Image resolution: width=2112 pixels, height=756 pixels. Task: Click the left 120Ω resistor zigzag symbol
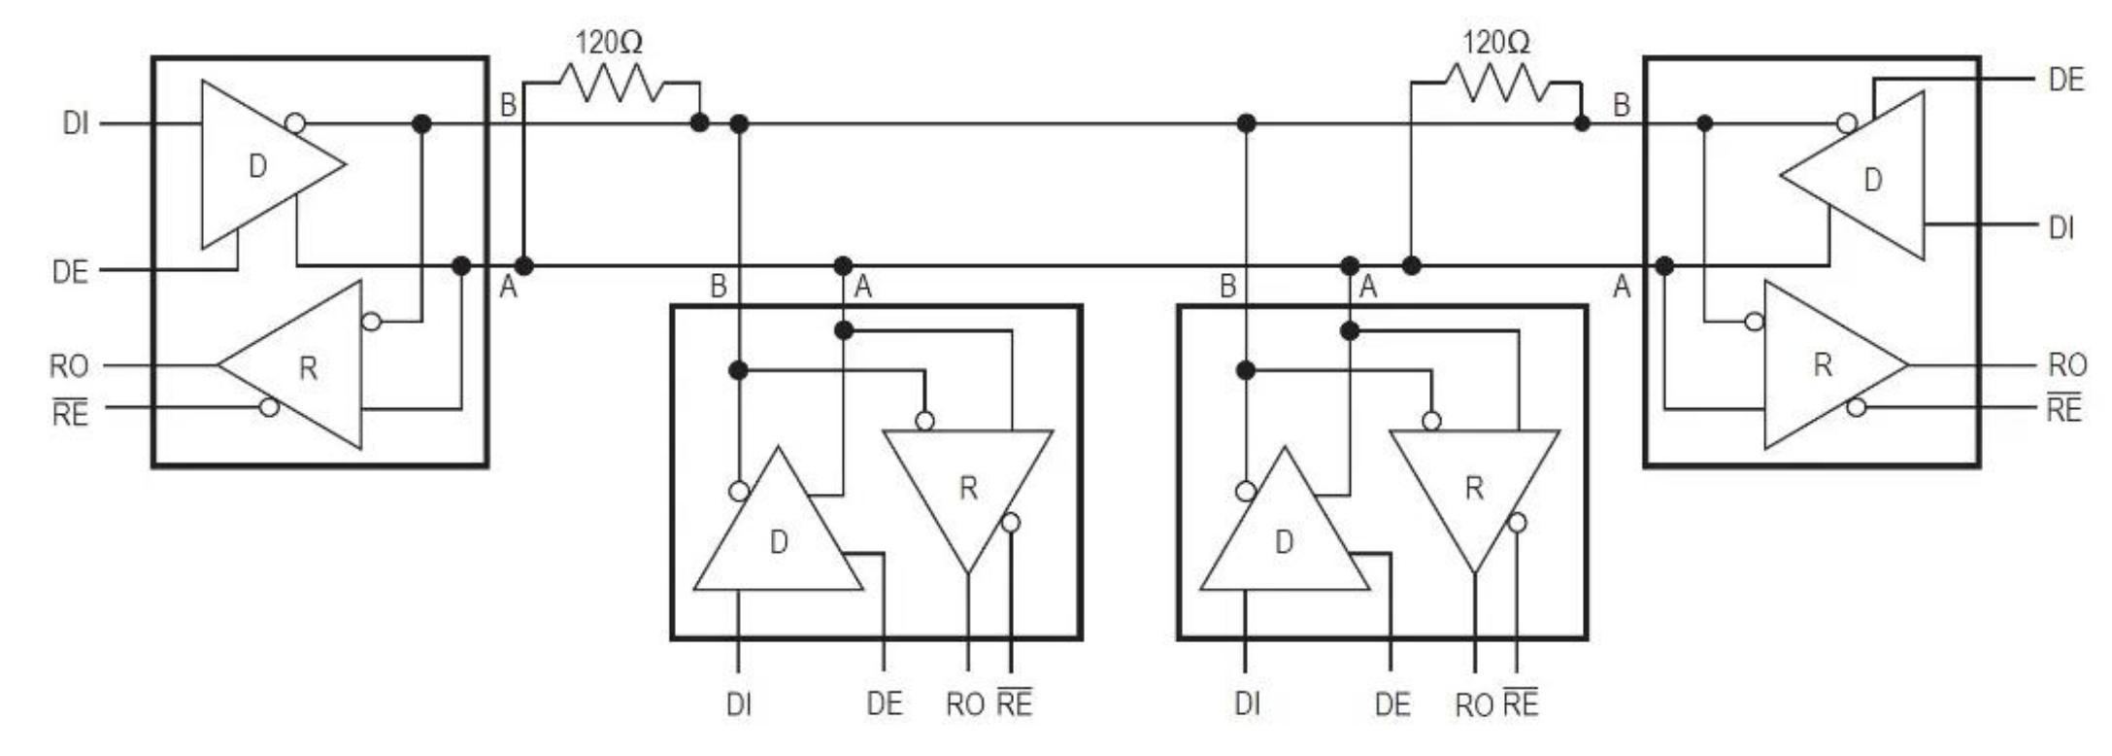[611, 83]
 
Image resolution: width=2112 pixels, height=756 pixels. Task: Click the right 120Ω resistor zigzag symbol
[1496, 83]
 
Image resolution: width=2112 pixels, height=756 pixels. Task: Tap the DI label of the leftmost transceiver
[75, 124]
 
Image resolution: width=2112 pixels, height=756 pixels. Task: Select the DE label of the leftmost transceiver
[70, 271]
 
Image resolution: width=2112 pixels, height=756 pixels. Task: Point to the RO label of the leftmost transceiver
[69, 366]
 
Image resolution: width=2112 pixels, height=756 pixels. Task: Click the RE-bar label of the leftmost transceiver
[69, 413]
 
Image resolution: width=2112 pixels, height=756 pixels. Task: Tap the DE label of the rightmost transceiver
[2065, 81]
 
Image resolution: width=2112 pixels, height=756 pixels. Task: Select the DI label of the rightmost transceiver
[2061, 227]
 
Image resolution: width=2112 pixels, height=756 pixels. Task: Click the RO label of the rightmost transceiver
[2067, 365]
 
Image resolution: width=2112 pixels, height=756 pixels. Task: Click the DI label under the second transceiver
[739, 704]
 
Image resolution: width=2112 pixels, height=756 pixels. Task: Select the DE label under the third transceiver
[1392, 704]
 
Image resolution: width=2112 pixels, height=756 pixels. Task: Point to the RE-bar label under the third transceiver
[1521, 703]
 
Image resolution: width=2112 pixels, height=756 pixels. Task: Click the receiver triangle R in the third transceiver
[1474, 488]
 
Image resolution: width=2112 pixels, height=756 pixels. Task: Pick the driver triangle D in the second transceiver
[778, 541]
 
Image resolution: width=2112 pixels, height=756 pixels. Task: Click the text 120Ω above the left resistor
[610, 42]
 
